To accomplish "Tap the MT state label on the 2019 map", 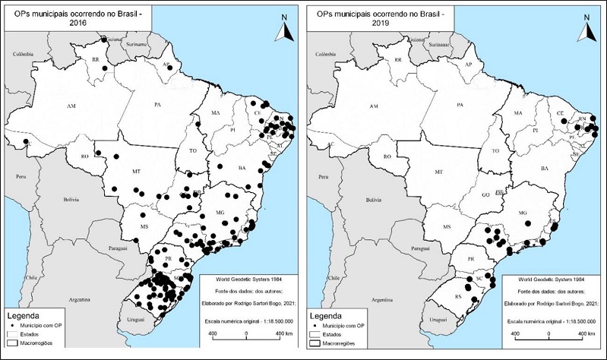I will coord(438,173).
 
